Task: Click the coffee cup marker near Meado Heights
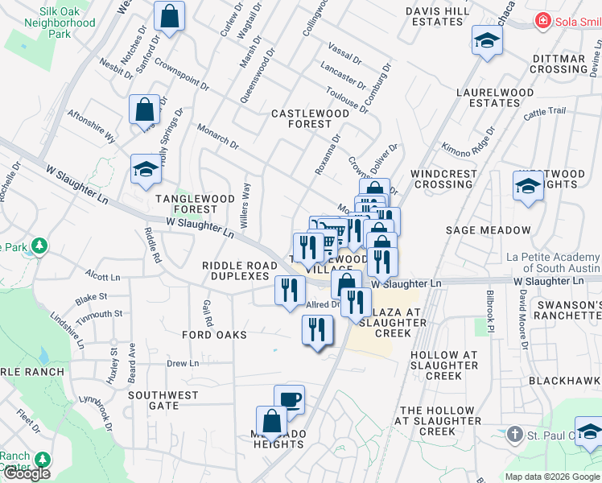pos(289,399)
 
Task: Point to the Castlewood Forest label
pos(310,119)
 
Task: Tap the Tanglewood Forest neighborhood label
pos(185,204)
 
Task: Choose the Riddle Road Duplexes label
pos(235,270)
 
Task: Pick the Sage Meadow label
pos(489,230)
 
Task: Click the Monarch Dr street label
pos(217,137)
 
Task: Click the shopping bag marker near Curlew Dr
pos(170,16)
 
